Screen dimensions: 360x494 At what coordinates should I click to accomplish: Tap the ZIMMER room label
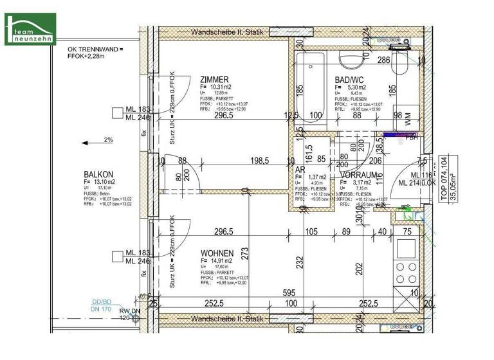coord(214,80)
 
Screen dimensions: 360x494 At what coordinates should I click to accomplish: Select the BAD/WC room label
coord(349,80)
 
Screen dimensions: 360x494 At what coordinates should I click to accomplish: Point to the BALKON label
coord(98,174)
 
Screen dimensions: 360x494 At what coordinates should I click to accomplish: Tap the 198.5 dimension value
coord(257,161)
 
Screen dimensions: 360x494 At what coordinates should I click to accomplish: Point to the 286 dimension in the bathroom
coord(384,61)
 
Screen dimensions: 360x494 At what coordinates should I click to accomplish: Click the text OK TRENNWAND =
coord(95,49)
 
